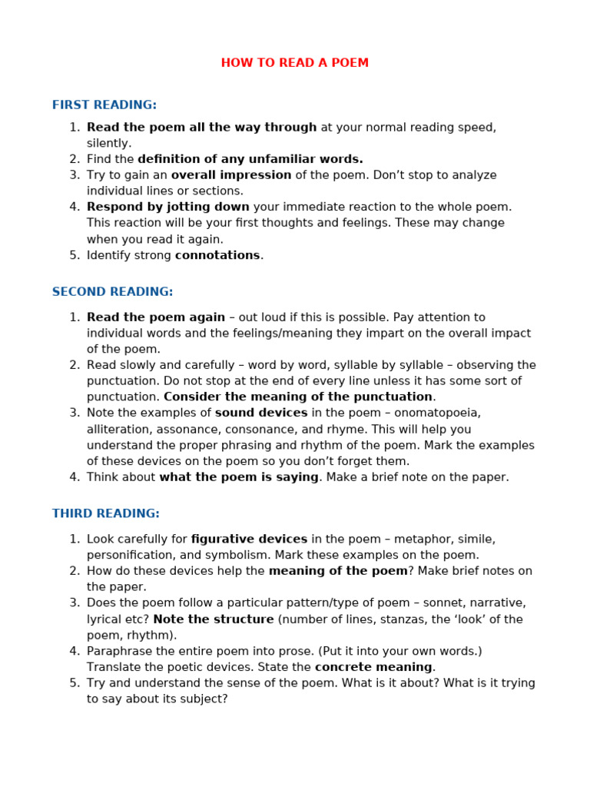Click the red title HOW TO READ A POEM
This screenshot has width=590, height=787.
[x=294, y=63]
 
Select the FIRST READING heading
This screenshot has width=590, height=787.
[x=104, y=105]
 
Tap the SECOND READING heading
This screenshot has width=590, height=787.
[x=112, y=292]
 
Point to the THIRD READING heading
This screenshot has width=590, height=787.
[x=105, y=513]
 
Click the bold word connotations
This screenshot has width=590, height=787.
[x=217, y=255]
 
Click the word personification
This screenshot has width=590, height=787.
[x=128, y=555]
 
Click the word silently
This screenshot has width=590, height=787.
[x=108, y=143]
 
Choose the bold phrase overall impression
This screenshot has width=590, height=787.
[x=231, y=175]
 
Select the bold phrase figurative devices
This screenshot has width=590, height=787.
[x=249, y=539]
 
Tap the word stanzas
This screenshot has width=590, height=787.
[x=416, y=619]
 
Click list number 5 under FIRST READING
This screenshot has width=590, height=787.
[x=75, y=255]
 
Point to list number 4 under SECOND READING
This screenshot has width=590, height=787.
[x=75, y=477]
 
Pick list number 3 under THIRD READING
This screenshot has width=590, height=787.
[x=75, y=603]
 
